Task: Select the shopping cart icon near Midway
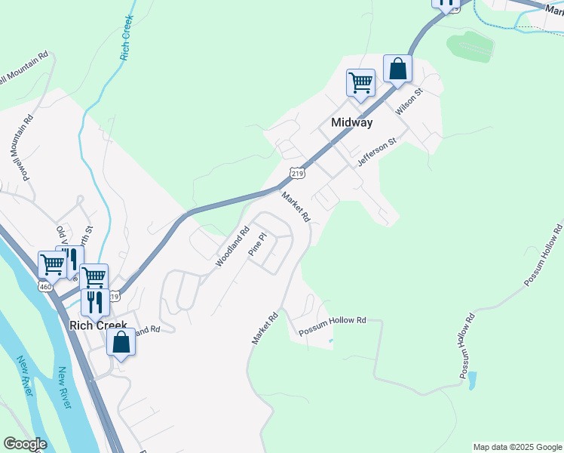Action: click(x=360, y=82)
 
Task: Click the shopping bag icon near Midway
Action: click(x=397, y=69)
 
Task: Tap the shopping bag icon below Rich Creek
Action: click(x=121, y=342)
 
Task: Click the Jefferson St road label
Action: click(x=377, y=153)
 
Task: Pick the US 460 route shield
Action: click(x=46, y=286)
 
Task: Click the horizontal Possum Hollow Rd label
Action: click(x=332, y=321)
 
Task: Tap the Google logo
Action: click(x=25, y=444)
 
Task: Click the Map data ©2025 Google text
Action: click(x=518, y=447)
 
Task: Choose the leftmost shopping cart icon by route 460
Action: click(x=52, y=265)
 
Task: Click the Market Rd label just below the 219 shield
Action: click(x=296, y=206)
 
